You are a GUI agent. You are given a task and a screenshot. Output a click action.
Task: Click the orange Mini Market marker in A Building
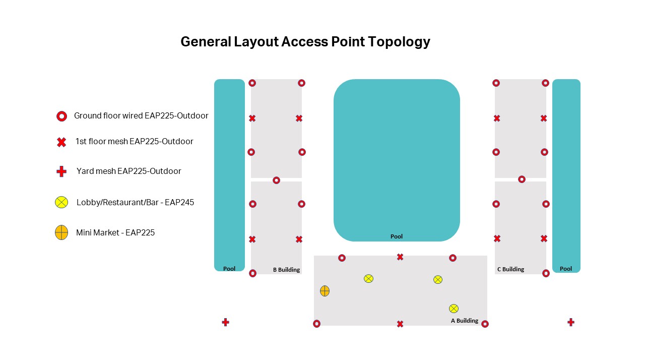point(325,291)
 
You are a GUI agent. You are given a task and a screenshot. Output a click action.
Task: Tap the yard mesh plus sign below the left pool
point(225,322)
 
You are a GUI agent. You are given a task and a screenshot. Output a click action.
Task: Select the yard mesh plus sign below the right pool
point(571,322)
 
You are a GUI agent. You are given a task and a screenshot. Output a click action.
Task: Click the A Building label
point(464,321)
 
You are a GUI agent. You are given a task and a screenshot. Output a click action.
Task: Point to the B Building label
point(286,270)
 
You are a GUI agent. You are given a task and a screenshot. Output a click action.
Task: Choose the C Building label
point(510,269)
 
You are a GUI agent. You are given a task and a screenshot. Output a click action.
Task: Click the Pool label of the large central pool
point(396,236)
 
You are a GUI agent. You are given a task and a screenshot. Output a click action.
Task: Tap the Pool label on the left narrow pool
point(229,269)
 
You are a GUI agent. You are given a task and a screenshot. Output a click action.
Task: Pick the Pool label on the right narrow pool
point(565,269)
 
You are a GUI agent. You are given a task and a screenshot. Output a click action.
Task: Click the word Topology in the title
point(399,42)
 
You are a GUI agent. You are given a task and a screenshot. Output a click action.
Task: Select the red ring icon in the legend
point(61,116)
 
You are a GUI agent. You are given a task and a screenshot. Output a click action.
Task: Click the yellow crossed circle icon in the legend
point(61,202)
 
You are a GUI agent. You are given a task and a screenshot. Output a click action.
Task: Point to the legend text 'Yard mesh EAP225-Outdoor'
point(128,171)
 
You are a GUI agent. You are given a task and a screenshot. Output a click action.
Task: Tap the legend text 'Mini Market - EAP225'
point(115,232)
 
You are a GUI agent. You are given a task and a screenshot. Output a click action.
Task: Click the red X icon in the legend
point(61,142)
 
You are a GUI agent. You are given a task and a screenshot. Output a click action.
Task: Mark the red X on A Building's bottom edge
point(400,324)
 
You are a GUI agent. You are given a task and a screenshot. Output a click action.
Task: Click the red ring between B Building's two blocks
point(276,180)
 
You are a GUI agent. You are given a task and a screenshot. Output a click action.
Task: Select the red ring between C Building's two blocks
point(522,179)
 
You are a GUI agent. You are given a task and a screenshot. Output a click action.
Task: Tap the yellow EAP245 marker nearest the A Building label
point(454,309)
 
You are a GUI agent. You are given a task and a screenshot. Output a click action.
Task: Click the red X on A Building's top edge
point(400,257)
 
